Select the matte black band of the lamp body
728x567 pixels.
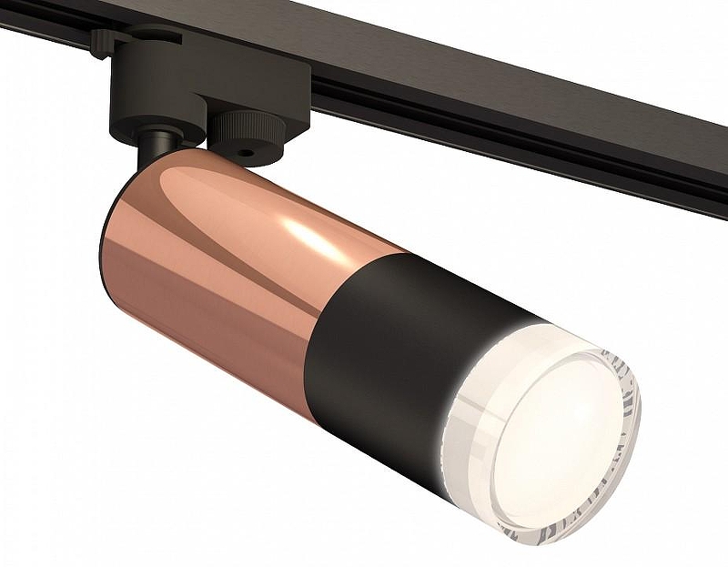(382, 355)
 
